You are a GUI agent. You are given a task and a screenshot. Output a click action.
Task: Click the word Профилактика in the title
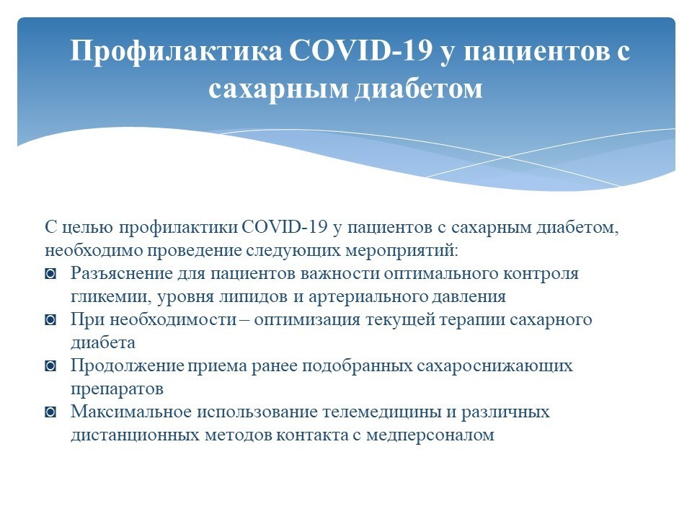[x=176, y=50]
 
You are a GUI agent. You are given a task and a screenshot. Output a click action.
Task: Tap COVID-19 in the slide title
[x=360, y=50]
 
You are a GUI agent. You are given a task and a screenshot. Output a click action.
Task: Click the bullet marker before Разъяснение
[x=50, y=274]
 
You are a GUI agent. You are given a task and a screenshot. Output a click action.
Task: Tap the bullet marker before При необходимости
[x=50, y=320]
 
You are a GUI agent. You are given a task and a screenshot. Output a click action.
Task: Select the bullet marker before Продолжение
[x=50, y=366]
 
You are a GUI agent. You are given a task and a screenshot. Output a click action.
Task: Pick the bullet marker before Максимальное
[x=50, y=412]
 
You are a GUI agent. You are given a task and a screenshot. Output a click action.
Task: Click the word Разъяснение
[x=122, y=274]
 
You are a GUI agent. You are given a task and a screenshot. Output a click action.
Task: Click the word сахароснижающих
[x=494, y=365]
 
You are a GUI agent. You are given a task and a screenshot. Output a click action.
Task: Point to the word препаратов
[x=117, y=389]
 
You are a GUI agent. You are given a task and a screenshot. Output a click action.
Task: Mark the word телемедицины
[x=382, y=412]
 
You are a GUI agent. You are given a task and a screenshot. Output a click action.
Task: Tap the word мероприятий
[x=402, y=251]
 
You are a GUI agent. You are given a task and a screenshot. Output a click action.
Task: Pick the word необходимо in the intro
[x=94, y=251]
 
